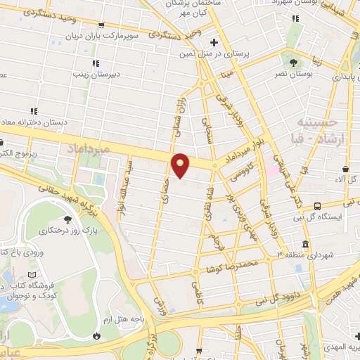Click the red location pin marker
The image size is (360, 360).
(181, 165)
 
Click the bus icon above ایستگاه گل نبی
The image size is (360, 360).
(318, 206)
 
